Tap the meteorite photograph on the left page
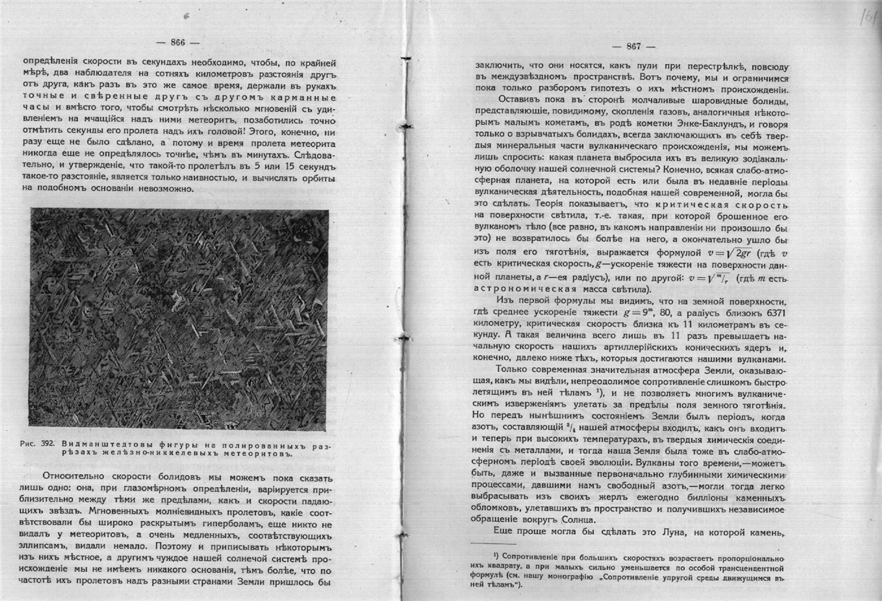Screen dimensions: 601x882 (179, 317)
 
